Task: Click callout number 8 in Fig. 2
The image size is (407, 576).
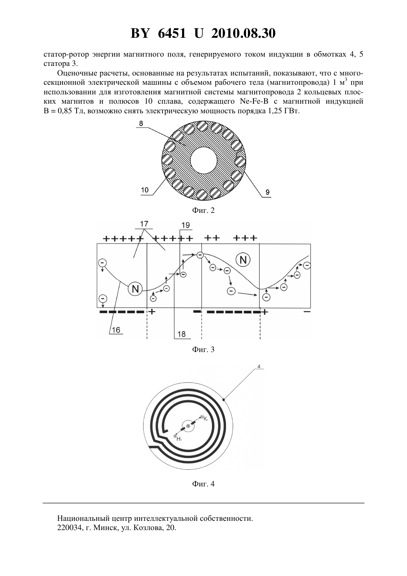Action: [x=141, y=123]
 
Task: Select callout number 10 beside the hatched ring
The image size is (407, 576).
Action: [x=145, y=190]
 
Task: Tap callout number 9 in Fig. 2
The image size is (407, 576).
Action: [x=268, y=192]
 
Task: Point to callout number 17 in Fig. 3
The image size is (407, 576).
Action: [x=144, y=224]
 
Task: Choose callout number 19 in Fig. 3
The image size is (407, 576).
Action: [x=185, y=225]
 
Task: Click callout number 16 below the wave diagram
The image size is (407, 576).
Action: [x=116, y=330]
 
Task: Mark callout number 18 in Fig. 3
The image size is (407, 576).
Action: [x=181, y=334]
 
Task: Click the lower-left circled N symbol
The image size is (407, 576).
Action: [x=135, y=289]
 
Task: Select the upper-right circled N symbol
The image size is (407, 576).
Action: [x=243, y=260]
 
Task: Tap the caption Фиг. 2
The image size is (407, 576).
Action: [x=203, y=210]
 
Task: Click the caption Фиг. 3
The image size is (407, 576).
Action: [x=203, y=349]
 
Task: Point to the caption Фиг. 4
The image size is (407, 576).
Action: [x=203, y=484]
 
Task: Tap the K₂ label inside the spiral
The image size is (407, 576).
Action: [x=206, y=419]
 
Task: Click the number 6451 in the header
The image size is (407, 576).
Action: [x=172, y=33]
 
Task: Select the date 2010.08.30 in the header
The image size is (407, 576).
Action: [x=243, y=33]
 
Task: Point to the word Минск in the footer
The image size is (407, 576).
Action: [x=104, y=528]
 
